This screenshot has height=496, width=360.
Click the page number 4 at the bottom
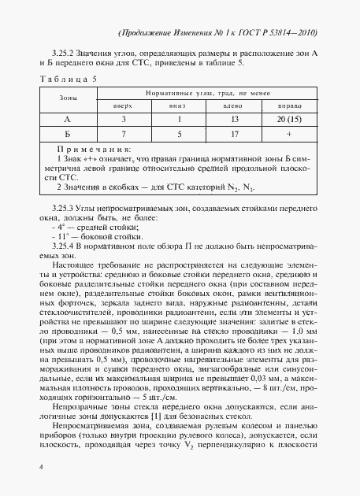(x=39, y=467)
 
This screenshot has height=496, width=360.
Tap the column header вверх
(x=124, y=105)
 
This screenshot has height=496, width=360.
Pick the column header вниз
(x=180, y=105)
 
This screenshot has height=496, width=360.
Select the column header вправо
(x=293, y=105)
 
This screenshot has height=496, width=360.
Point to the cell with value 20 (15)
(x=293, y=119)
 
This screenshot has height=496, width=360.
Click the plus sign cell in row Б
(x=293, y=134)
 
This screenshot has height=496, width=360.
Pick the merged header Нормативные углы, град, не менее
(x=209, y=92)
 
